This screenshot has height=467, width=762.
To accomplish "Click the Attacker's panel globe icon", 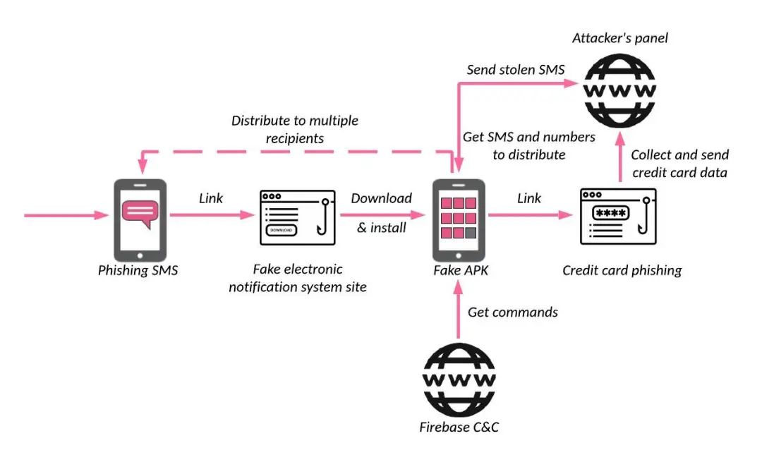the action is pyautogui.click(x=619, y=90).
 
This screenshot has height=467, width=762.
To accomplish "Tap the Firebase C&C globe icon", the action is pyautogui.click(x=459, y=380).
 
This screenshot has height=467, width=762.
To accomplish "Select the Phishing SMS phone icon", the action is pyautogui.click(x=140, y=220).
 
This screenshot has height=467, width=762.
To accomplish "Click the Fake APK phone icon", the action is pyautogui.click(x=459, y=220).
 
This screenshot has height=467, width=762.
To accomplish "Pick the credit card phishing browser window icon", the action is pyautogui.click(x=618, y=217).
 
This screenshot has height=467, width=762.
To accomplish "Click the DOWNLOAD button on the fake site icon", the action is pyautogui.click(x=282, y=230).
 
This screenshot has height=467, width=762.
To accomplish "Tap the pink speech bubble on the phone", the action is pyautogui.click(x=140, y=213).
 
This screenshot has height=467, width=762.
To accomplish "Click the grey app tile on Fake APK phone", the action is pyautogui.click(x=471, y=233).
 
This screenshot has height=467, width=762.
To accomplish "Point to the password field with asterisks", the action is pyautogui.click(x=611, y=213).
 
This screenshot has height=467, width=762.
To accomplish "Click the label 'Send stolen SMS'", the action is pyautogui.click(x=516, y=70).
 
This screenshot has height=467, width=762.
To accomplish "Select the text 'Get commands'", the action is pyautogui.click(x=513, y=312).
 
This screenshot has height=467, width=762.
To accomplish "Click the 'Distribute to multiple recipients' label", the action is pyautogui.click(x=295, y=129).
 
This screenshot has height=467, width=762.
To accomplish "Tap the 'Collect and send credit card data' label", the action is pyautogui.click(x=680, y=164).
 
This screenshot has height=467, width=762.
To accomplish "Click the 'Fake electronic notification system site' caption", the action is pyautogui.click(x=298, y=278).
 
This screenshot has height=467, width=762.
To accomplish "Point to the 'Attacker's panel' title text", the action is pyautogui.click(x=620, y=38).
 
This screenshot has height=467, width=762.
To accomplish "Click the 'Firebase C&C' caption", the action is pyautogui.click(x=459, y=427).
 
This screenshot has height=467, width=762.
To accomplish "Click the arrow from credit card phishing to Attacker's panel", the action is pyautogui.click(x=620, y=157).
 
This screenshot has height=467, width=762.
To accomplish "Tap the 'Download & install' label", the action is pyautogui.click(x=382, y=213).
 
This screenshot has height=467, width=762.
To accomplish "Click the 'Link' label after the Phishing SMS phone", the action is pyautogui.click(x=211, y=198).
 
